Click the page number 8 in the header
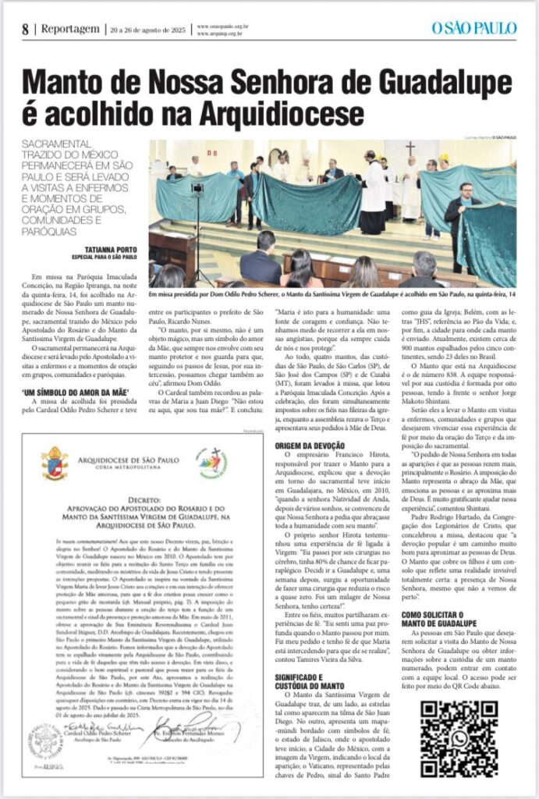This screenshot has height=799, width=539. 26,30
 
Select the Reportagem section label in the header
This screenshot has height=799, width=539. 70,29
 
